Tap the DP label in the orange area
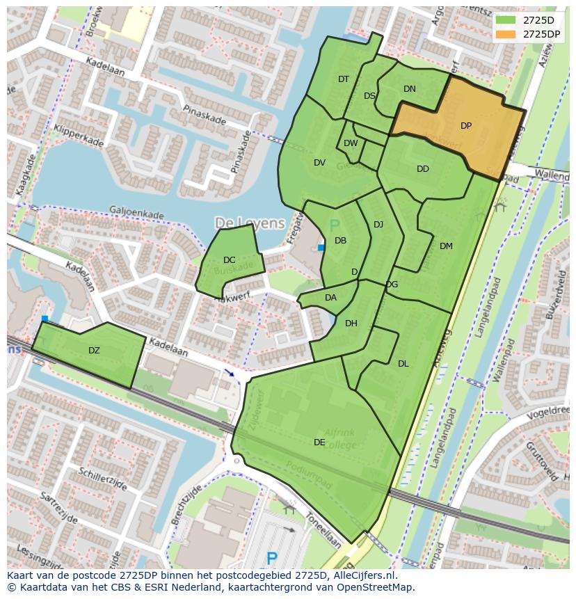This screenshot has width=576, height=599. pos(466,126)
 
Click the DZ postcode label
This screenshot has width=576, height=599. pos(94,351)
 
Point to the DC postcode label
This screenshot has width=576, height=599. pos(229,260)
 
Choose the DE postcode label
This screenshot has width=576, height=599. pos(319,442)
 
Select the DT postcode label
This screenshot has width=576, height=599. pos(344,79)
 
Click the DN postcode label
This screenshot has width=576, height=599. pos(410,88)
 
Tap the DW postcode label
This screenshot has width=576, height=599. pos(351,143)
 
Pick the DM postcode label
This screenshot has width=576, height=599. pos(446,246)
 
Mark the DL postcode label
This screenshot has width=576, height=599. pos(403,363)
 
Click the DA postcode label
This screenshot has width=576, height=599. pos(330,298)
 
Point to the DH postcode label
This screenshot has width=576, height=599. pos(351,323)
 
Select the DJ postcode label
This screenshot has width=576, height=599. pos(378,224)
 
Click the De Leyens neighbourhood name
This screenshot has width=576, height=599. pos(250,223)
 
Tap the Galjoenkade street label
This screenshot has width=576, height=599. pos(138,211)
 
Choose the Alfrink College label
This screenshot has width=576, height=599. pos(340,439)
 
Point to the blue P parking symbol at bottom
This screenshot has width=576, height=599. pos(272,558)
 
